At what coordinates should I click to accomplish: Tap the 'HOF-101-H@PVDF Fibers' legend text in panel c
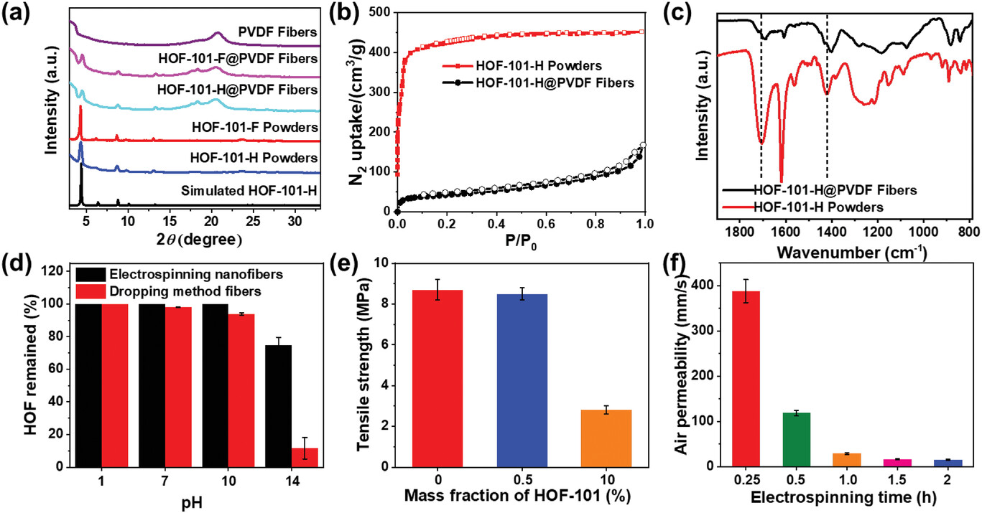[x=835, y=190]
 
